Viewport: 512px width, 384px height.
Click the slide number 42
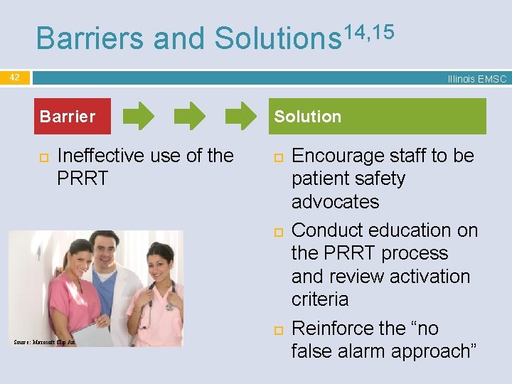coord(15,77)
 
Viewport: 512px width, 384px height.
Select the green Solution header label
coord(308,117)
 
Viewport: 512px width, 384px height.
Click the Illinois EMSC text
coord(476,79)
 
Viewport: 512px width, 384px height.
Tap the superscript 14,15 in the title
coord(368,30)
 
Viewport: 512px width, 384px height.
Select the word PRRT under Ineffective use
coord(82,178)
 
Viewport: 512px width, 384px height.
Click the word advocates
coord(335,202)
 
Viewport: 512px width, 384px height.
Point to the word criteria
coord(320,299)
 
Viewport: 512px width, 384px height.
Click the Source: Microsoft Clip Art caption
coord(44,342)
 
